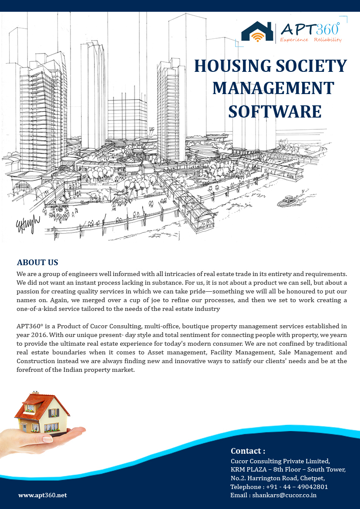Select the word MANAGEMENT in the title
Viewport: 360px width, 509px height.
click(273, 88)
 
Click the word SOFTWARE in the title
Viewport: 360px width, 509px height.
click(275, 111)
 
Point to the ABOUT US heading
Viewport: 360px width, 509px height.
click(37, 263)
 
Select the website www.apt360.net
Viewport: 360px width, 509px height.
click(43, 495)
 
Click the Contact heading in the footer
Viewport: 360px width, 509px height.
click(248, 451)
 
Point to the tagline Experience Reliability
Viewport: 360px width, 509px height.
click(311, 40)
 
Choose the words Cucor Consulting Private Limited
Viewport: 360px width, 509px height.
click(280, 461)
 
